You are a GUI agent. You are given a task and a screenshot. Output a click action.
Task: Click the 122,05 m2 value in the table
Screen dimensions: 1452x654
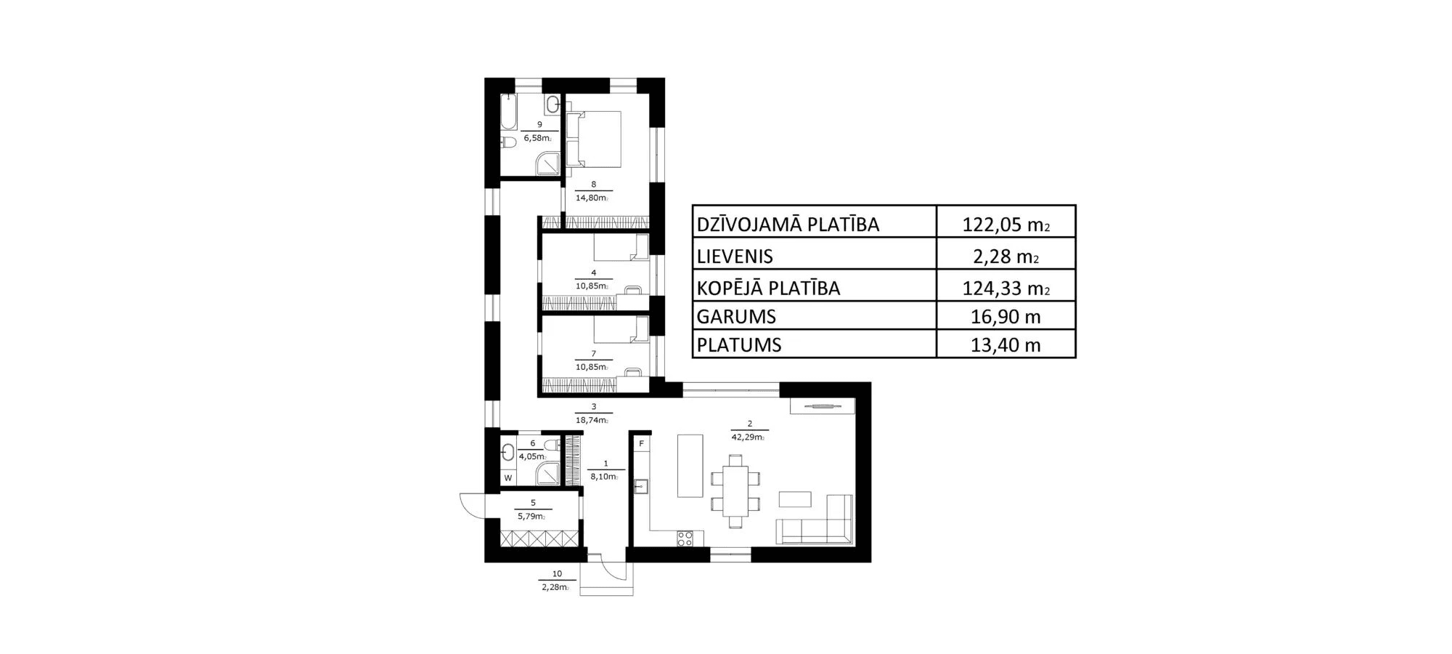point(1006,225)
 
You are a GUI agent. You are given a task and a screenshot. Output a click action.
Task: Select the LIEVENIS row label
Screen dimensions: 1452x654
point(735,257)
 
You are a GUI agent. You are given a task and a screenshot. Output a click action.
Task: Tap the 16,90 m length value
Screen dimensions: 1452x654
point(1006,317)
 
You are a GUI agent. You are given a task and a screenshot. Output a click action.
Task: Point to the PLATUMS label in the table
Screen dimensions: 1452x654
point(739,345)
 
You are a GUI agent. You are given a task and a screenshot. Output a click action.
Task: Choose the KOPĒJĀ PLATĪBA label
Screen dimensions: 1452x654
point(768,288)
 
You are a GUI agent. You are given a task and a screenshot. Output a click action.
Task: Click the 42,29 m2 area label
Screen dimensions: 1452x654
point(749,437)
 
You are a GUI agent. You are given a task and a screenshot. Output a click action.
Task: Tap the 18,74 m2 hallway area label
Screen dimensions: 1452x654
point(592,420)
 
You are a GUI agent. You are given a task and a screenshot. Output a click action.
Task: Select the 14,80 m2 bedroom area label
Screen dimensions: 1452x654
point(592,198)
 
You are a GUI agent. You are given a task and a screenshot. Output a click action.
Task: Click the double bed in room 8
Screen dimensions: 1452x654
point(595,140)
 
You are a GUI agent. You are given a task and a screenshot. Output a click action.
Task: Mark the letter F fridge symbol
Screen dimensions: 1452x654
point(642,443)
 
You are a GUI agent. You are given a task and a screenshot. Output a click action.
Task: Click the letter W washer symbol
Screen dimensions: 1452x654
point(508,478)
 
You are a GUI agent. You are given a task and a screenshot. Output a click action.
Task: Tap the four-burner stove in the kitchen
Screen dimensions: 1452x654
point(685,538)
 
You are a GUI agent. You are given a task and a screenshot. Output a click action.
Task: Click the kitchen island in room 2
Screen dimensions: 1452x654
point(690,465)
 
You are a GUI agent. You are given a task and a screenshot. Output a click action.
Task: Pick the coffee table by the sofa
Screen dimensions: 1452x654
point(795,499)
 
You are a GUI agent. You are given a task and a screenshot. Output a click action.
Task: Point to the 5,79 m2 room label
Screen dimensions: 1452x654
point(531,517)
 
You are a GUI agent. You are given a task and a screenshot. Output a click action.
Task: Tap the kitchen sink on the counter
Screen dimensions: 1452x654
point(641,486)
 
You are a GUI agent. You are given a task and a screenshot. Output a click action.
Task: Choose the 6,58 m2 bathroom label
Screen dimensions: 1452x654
point(537,138)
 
